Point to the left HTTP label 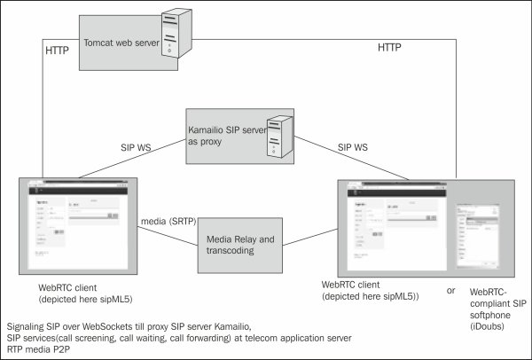(59, 52)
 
